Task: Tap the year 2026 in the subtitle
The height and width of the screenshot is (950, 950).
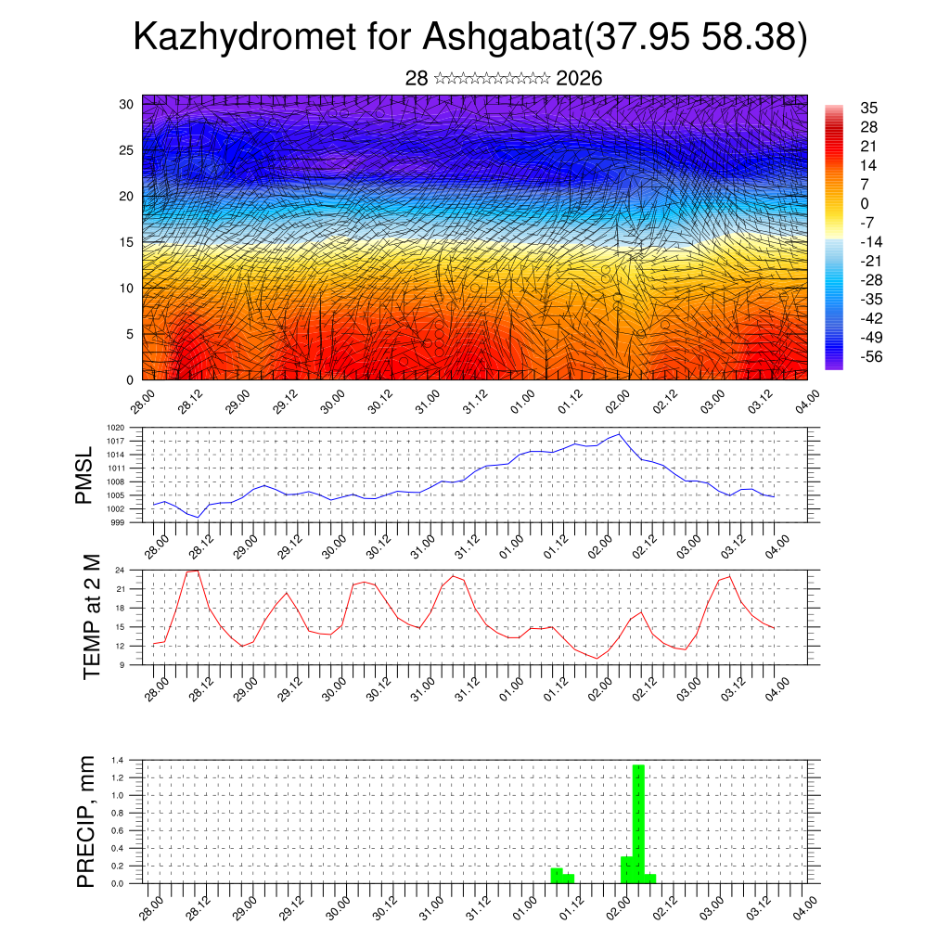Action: pos(579,79)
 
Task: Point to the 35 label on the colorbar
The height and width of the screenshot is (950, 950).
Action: pos(868,108)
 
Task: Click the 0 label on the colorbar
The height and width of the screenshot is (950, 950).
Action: pos(865,203)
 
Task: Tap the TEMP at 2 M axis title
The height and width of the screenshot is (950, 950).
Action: pos(91,616)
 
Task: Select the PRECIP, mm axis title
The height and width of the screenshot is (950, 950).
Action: pos(86,819)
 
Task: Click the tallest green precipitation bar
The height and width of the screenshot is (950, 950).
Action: pos(638,823)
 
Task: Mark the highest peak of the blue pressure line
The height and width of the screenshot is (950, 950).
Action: pos(619,434)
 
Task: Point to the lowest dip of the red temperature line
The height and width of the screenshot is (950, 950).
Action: pos(597,658)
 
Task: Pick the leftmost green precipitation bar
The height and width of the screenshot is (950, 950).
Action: pos(557,875)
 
